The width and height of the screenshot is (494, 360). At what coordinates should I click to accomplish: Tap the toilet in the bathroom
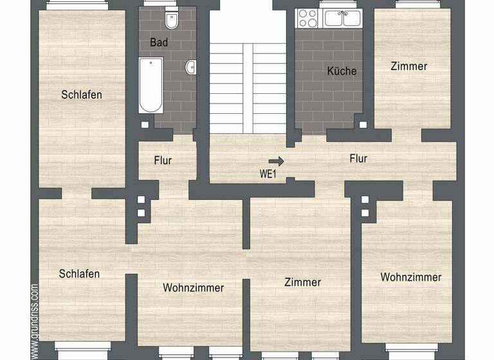172,22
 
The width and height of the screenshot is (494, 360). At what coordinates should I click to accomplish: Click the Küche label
342,71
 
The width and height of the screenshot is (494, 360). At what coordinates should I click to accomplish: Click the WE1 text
268,173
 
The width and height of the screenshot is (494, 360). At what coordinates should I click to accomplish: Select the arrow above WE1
276,161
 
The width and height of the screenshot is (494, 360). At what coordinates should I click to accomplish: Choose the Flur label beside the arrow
358,158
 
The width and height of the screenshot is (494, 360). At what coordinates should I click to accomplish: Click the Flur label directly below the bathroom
163,160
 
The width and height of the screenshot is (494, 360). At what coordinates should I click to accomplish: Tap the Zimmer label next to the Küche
408,66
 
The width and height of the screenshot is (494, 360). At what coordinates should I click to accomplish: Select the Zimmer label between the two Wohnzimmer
302,282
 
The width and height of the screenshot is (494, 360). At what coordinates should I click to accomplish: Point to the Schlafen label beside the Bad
82,94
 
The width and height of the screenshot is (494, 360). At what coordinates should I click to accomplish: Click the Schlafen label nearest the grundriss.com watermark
79,274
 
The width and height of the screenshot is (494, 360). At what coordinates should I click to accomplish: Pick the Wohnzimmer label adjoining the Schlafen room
193,287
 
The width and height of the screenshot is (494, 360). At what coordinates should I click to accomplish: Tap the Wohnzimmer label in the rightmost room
411,277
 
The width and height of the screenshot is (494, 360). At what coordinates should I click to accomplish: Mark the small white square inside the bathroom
145,125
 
